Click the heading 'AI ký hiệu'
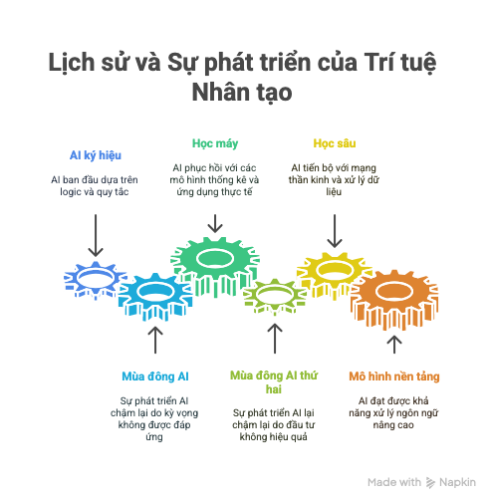point(96,155)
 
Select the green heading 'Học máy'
point(215,143)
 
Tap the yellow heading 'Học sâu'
point(335,143)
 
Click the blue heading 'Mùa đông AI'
point(155,376)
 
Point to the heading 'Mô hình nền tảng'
point(394,376)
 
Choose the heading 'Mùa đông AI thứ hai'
point(274,382)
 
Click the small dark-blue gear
point(96,280)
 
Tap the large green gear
point(215,266)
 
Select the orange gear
point(394,300)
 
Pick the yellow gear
point(334,274)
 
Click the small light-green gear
point(275,296)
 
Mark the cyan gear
point(155,297)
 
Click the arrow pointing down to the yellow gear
point(335,231)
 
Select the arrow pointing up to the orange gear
point(394,345)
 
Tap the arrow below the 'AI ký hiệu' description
point(96,235)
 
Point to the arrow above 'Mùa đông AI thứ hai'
point(275,339)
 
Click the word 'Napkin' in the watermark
point(457,482)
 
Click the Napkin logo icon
point(430,483)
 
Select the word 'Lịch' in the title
point(72,63)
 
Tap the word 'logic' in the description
point(71,192)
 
